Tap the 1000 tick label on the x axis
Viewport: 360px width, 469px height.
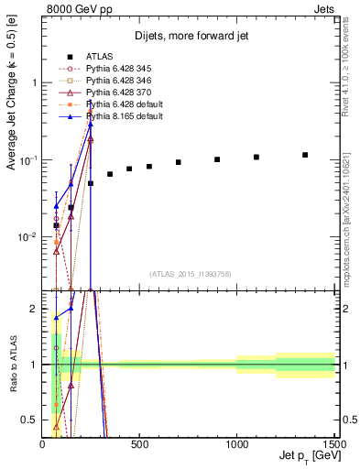point(236,444)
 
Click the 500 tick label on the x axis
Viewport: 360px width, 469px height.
point(139,444)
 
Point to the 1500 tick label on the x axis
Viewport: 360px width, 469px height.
point(333,444)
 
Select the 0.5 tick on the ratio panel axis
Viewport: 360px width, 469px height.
point(31,420)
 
